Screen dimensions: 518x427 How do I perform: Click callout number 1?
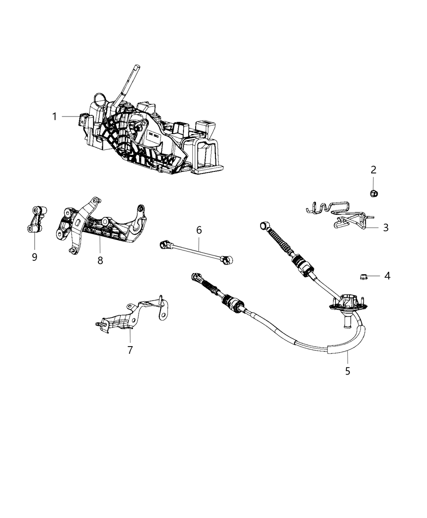[x=54, y=117]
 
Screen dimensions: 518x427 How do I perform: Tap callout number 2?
[x=373, y=170]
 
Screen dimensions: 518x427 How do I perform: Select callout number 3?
[x=385, y=228]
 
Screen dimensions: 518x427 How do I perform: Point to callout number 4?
[x=387, y=276]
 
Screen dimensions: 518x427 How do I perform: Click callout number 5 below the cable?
[x=348, y=371]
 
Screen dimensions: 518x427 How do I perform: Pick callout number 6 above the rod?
[x=199, y=230]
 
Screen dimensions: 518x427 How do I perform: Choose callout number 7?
[x=130, y=349]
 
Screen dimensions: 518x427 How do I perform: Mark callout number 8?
[x=100, y=260]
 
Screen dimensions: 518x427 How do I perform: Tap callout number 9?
[x=35, y=257]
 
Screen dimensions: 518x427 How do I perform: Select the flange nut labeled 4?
[x=364, y=277]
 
